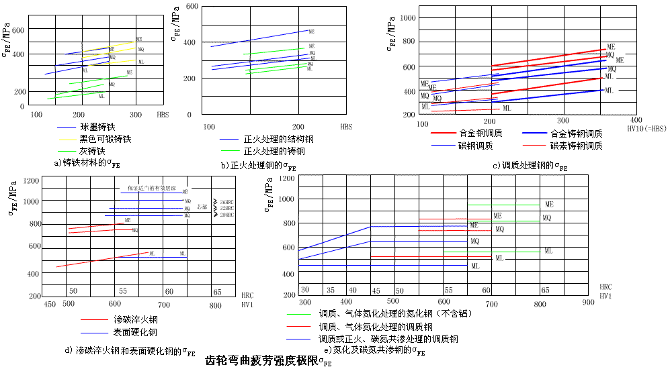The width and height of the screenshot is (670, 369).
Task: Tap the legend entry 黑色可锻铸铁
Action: tap(105, 139)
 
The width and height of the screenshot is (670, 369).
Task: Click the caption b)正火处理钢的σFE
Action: tap(258, 166)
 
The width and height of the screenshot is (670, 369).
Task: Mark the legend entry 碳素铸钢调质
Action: tap(576, 145)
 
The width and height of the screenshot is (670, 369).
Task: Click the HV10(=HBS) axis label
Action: tap(646, 127)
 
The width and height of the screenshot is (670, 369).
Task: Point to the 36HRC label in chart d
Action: tap(226, 201)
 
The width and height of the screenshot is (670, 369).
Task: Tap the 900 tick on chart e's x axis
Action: tap(588, 303)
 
